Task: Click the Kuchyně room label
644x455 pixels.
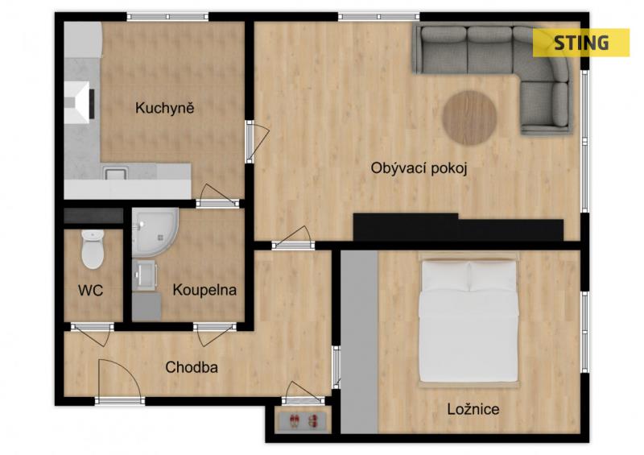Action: (164, 108)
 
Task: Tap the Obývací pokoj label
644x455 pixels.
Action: (419, 168)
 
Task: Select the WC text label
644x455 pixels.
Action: (90, 291)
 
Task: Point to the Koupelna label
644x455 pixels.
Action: (204, 290)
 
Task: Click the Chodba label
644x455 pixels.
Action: (192, 367)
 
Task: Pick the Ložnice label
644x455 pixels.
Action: (473, 409)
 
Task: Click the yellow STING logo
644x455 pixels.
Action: (581, 43)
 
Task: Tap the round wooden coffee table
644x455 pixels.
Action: (469, 118)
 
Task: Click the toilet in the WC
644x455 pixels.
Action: (93, 249)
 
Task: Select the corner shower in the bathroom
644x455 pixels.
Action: (155, 232)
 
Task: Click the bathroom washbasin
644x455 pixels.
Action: (145, 274)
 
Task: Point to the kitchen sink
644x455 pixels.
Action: (115, 172)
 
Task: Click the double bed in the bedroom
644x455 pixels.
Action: (469, 321)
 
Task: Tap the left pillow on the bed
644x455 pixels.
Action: (445, 276)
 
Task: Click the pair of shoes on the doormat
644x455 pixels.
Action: (303, 420)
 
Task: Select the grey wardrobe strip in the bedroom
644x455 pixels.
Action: (359, 341)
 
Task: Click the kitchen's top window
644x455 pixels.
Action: (167, 17)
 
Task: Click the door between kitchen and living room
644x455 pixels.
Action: (257, 141)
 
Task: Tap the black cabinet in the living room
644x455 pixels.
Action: (458, 227)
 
